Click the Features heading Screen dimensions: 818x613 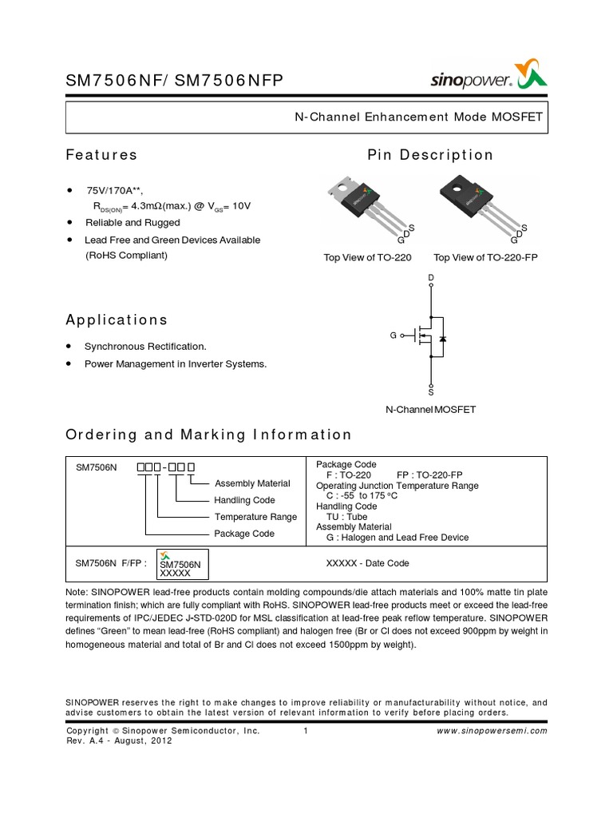(101, 155)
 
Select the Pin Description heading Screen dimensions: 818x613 (430, 155)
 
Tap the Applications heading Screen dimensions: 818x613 (117, 320)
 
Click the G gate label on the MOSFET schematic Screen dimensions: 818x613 (394, 336)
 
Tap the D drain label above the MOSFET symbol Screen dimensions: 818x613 (431, 278)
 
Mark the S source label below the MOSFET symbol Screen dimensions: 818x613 (431, 392)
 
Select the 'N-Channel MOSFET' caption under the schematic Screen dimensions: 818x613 (431, 409)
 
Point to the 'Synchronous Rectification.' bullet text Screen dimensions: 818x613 (145, 346)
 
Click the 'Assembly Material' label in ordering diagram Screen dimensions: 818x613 (253, 483)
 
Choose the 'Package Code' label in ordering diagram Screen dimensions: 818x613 (244, 533)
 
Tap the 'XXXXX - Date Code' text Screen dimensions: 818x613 (367, 563)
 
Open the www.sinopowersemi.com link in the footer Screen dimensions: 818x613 (493, 730)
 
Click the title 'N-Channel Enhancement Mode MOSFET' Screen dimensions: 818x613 (418, 117)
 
